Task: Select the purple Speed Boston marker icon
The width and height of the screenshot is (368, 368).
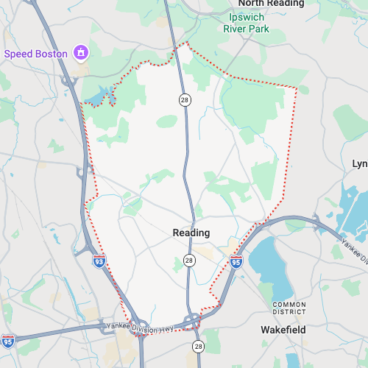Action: (x=81, y=53)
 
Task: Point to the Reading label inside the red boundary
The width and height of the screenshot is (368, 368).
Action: (x=191, y=233)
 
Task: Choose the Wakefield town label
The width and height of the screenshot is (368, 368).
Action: (x=283, y=329)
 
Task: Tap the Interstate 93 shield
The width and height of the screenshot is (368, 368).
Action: (x=99, y=261)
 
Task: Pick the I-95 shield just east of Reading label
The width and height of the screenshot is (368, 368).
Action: (x=236, y=261)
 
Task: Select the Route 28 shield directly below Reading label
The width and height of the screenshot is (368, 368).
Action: (x=189, y=261)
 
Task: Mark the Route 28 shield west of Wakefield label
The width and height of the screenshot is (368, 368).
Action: (x=198, y=345)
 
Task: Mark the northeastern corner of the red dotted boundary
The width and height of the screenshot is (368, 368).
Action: (x=297, y=88)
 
